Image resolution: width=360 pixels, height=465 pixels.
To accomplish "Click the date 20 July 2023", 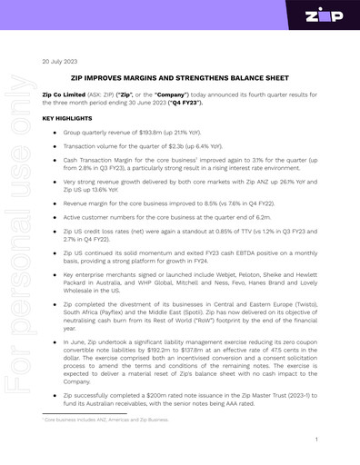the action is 62,62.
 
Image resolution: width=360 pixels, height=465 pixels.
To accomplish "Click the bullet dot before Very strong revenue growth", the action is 55,182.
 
